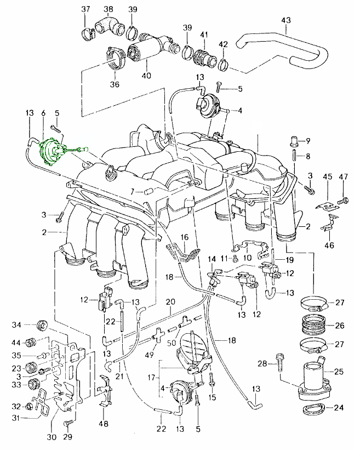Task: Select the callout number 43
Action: tap(285, 20)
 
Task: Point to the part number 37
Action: tap(85, 9)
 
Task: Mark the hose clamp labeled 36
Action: tap(113, 58)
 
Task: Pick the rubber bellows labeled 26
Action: tap(313, 326)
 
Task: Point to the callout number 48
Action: tap(103, 424)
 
